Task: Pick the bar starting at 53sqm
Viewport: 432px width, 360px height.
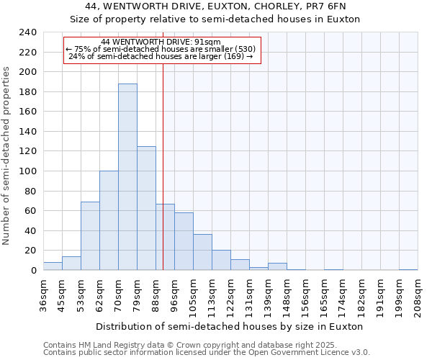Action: [x=90, y=236]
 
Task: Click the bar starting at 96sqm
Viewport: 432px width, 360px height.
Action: [x=184, y=241]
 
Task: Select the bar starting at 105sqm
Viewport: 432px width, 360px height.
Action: [x=202, y=252]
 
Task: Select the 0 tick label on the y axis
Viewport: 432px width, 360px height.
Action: [x=33, y=271]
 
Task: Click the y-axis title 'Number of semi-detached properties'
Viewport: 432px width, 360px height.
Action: [x=7, y=156]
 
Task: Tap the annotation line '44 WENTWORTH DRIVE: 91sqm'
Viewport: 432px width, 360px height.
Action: [x=161, y=42]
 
